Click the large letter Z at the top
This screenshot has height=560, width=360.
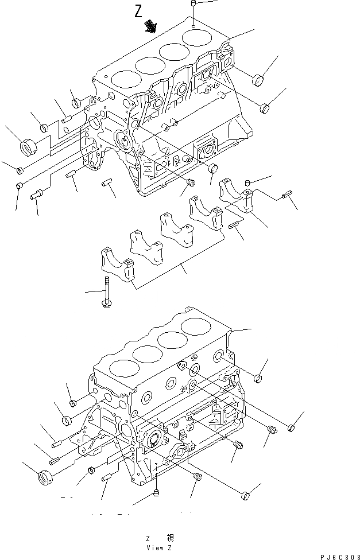(138, 11)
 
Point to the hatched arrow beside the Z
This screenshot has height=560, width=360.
(152, 26)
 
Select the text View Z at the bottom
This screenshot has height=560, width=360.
(160, 547)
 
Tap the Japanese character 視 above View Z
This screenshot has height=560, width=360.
(170, 538)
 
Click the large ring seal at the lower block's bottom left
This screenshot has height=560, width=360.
(45, 477)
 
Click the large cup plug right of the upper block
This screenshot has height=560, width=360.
(258, 79)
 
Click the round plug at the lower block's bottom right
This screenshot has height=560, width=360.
(246, 495)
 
